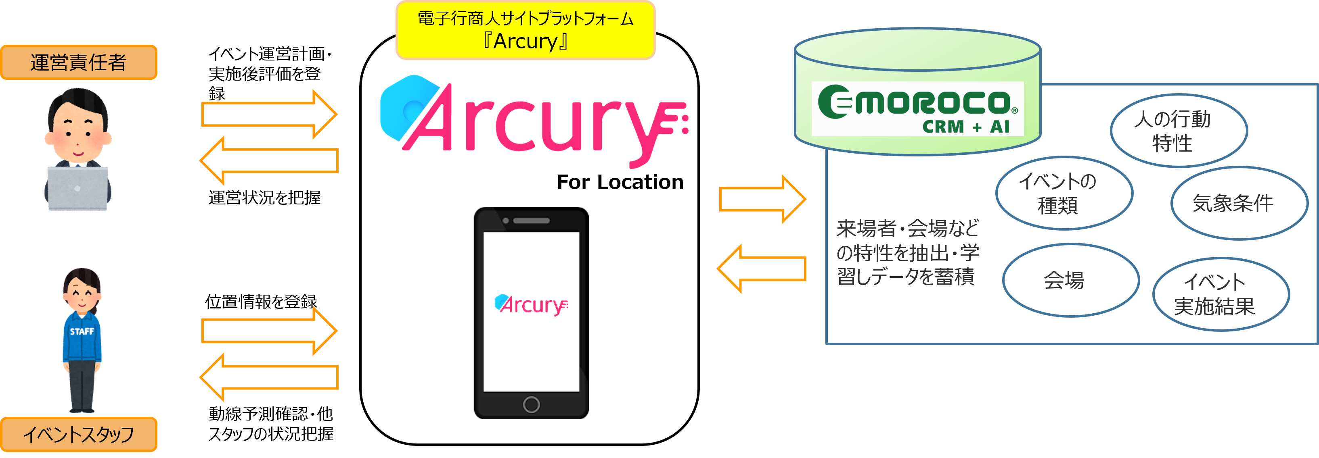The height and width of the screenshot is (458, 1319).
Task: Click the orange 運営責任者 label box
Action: point(78,62)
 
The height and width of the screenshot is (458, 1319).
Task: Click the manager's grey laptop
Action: point(78,188)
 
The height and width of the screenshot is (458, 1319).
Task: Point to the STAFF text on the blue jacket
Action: point(82,331)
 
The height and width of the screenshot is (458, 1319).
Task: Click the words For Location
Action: point(620,182)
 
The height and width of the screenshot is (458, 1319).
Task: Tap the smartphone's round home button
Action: point(531,404)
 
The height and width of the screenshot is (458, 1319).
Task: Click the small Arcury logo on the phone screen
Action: point(531,304)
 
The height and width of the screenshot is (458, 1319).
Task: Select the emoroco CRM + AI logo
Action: point(917,109)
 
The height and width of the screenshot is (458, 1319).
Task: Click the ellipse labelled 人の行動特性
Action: point(1178,131)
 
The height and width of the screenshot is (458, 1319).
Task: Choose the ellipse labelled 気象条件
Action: point(1239,203)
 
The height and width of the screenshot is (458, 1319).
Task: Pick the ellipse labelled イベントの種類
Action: point(1064,193)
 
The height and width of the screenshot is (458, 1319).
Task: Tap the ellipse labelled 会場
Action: point(1070,280)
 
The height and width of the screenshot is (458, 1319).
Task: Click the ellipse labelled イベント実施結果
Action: point(1221,294)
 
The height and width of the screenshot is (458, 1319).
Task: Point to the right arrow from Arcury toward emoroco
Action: point(762,199)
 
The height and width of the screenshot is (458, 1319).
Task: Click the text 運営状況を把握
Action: point(264,198)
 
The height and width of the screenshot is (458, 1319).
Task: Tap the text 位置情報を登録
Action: point(261,302)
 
